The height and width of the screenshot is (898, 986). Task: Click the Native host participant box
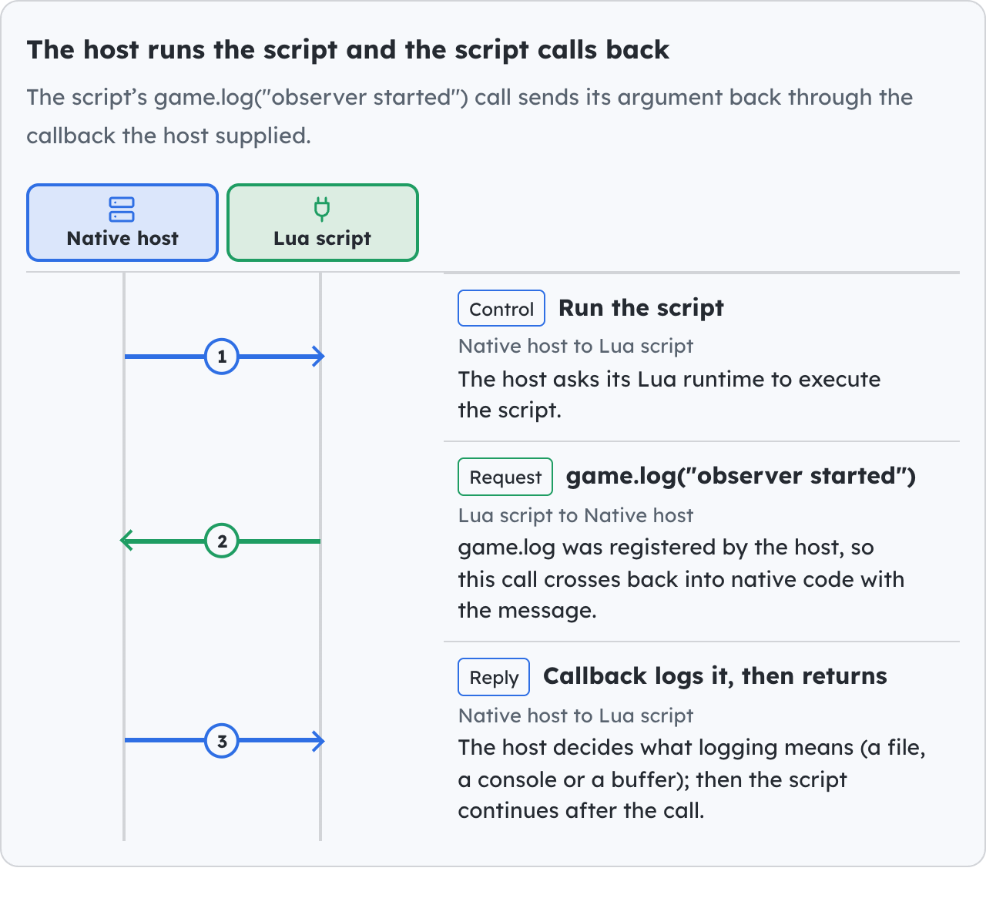pyautogui.click(x=122, y=223)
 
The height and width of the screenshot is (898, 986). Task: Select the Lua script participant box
pyautogui.click(x=323, y=223)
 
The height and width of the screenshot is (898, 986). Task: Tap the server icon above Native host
pyautogui.click(x=122, y=209)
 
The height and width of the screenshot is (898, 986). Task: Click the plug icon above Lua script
pyautogui.click(x=322, y=209)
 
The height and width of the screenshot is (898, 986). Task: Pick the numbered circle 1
pyautogui.click(x=222, y=357)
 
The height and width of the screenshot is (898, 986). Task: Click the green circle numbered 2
pyautogui.click(x=222, y=541)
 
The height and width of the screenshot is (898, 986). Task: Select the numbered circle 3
pyautogui.click(x=222, y=740)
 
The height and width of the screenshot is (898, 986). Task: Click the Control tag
pyautogui.click(x=501, y=308)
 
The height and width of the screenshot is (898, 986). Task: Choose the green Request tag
pyautogui.click(x=505, y=477)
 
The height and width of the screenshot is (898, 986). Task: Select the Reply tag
pyautogui.click(x=494, y=677)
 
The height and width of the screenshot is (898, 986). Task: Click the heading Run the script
pyautogui.click(x=641, y=308)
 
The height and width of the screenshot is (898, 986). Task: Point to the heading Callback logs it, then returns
pyautogui.click(x=715, y=676)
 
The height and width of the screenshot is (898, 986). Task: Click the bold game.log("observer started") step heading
pyautogui.click(x=741, y=476)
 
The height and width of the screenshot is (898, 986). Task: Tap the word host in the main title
pyautogui.click(x=111, y=49)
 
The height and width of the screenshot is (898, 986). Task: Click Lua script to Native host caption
pyautogui.click(x=575, y=515)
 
